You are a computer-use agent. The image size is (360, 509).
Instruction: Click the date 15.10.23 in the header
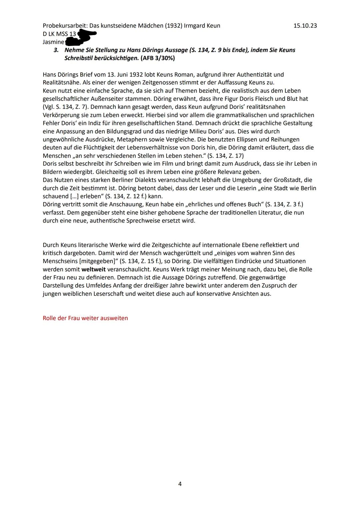pos(305,26)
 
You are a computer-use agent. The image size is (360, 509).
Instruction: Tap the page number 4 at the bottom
pos(180,484)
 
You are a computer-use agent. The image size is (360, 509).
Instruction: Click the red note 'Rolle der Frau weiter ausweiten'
pos(85,318)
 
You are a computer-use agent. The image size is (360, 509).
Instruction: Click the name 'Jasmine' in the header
pos(53,42)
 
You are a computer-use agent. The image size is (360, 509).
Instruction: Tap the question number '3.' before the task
pos(56,50)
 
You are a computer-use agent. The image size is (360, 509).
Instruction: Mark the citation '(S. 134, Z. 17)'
pos(225,156)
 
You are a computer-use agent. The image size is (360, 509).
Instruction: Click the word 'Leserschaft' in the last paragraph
pos(108,294)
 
